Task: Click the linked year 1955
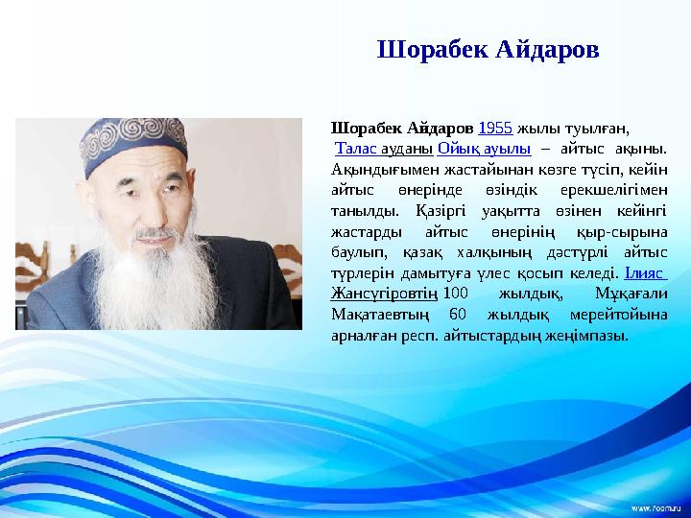(494, 128)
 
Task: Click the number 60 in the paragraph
(458, 315)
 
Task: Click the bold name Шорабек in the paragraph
(361, 128)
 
